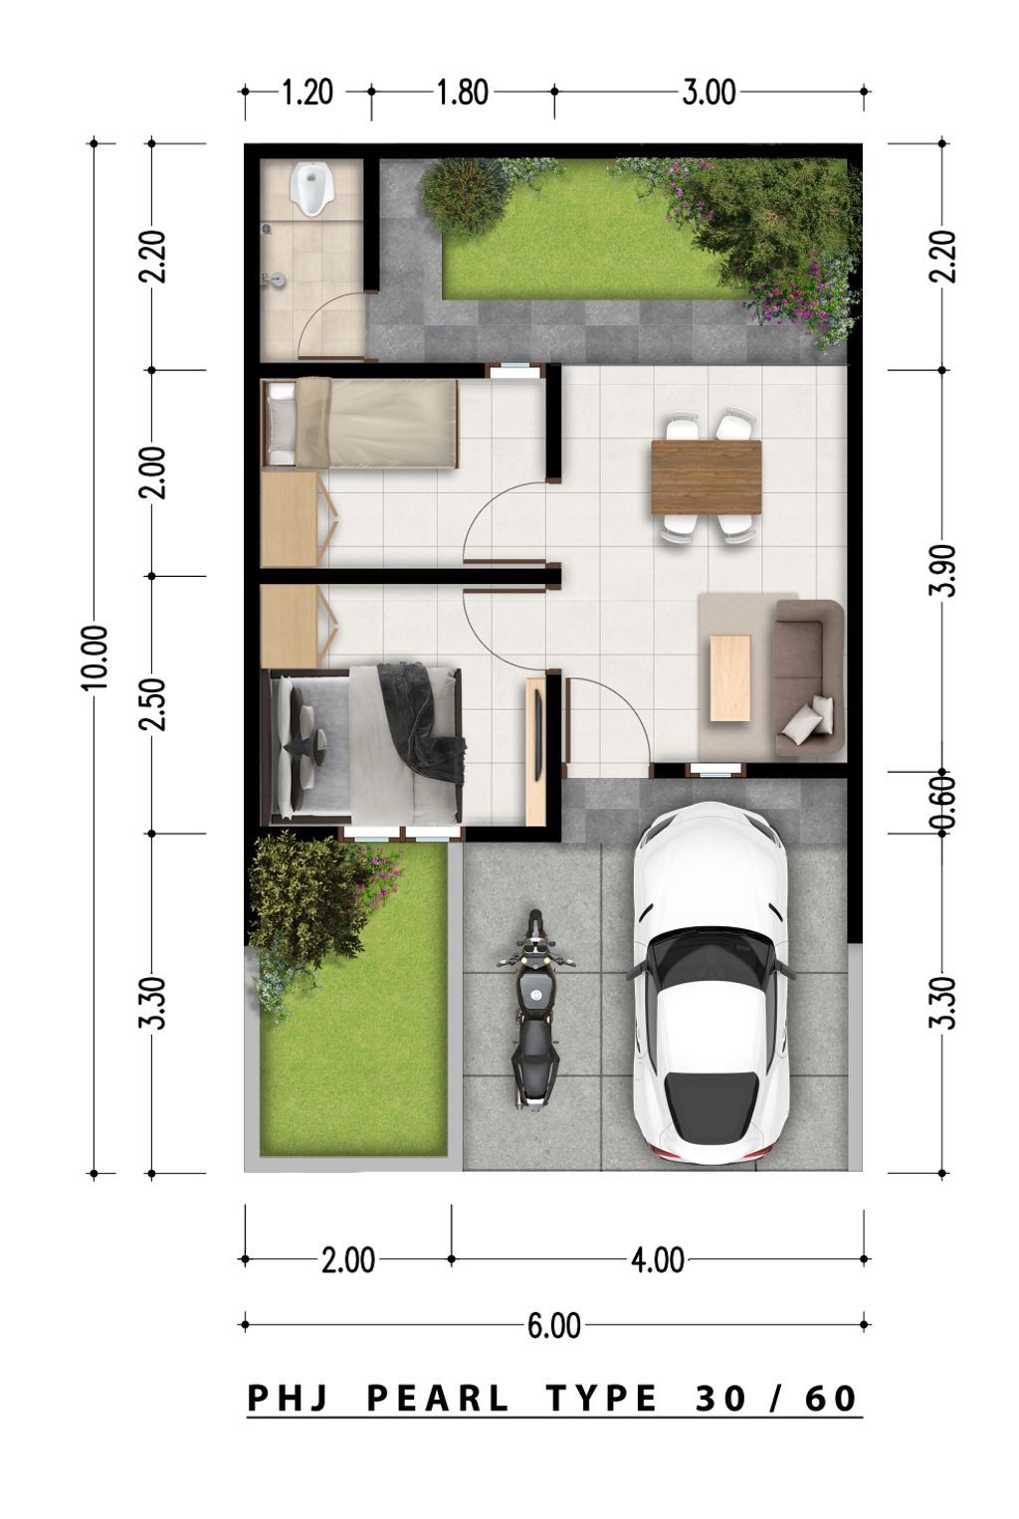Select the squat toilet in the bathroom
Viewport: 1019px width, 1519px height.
point(310,189)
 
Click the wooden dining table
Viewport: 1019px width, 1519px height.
point(706,476)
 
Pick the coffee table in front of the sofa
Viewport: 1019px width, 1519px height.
point(729,677)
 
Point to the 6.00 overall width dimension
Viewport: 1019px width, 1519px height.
point(553,1325)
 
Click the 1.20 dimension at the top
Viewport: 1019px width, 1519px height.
point(306,93)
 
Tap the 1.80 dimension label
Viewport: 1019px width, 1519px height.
point(463,93)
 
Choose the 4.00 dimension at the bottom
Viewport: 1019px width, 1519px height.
point(658,1260)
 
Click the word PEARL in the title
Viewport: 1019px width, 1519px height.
point(438,1399)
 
